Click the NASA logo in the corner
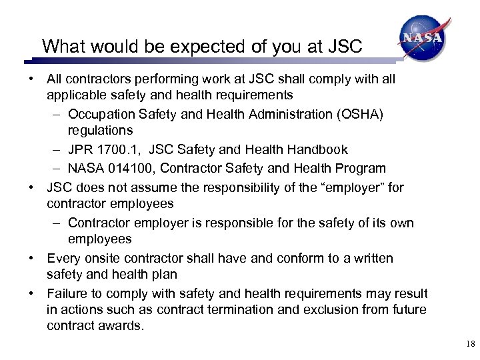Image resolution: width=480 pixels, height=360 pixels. (421, 39)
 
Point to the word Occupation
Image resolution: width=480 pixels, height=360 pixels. (101, 114)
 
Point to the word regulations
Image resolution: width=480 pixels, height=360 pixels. (100, 130)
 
